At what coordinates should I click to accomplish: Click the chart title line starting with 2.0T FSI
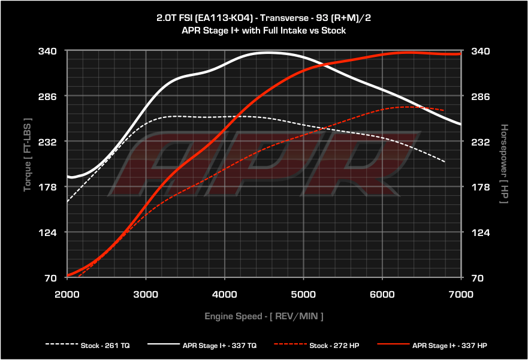pos(264,18)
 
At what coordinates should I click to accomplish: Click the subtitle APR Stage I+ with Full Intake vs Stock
pos(264,30)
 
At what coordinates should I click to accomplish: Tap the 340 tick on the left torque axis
pos(48,51)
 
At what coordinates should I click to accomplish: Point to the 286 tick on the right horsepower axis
pos(481,96)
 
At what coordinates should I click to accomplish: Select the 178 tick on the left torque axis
pos(48,187)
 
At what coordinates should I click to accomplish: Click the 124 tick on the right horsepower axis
pos(481,232)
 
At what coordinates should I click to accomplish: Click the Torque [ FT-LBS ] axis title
pos(27,155)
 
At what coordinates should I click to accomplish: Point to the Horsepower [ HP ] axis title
pos(503,164)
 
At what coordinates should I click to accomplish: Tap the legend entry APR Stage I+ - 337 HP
pos(441,345)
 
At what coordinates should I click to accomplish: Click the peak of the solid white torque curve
pos(267,53)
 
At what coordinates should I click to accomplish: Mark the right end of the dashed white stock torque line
pos(444,162)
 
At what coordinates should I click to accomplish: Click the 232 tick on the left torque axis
pos(48,142)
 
